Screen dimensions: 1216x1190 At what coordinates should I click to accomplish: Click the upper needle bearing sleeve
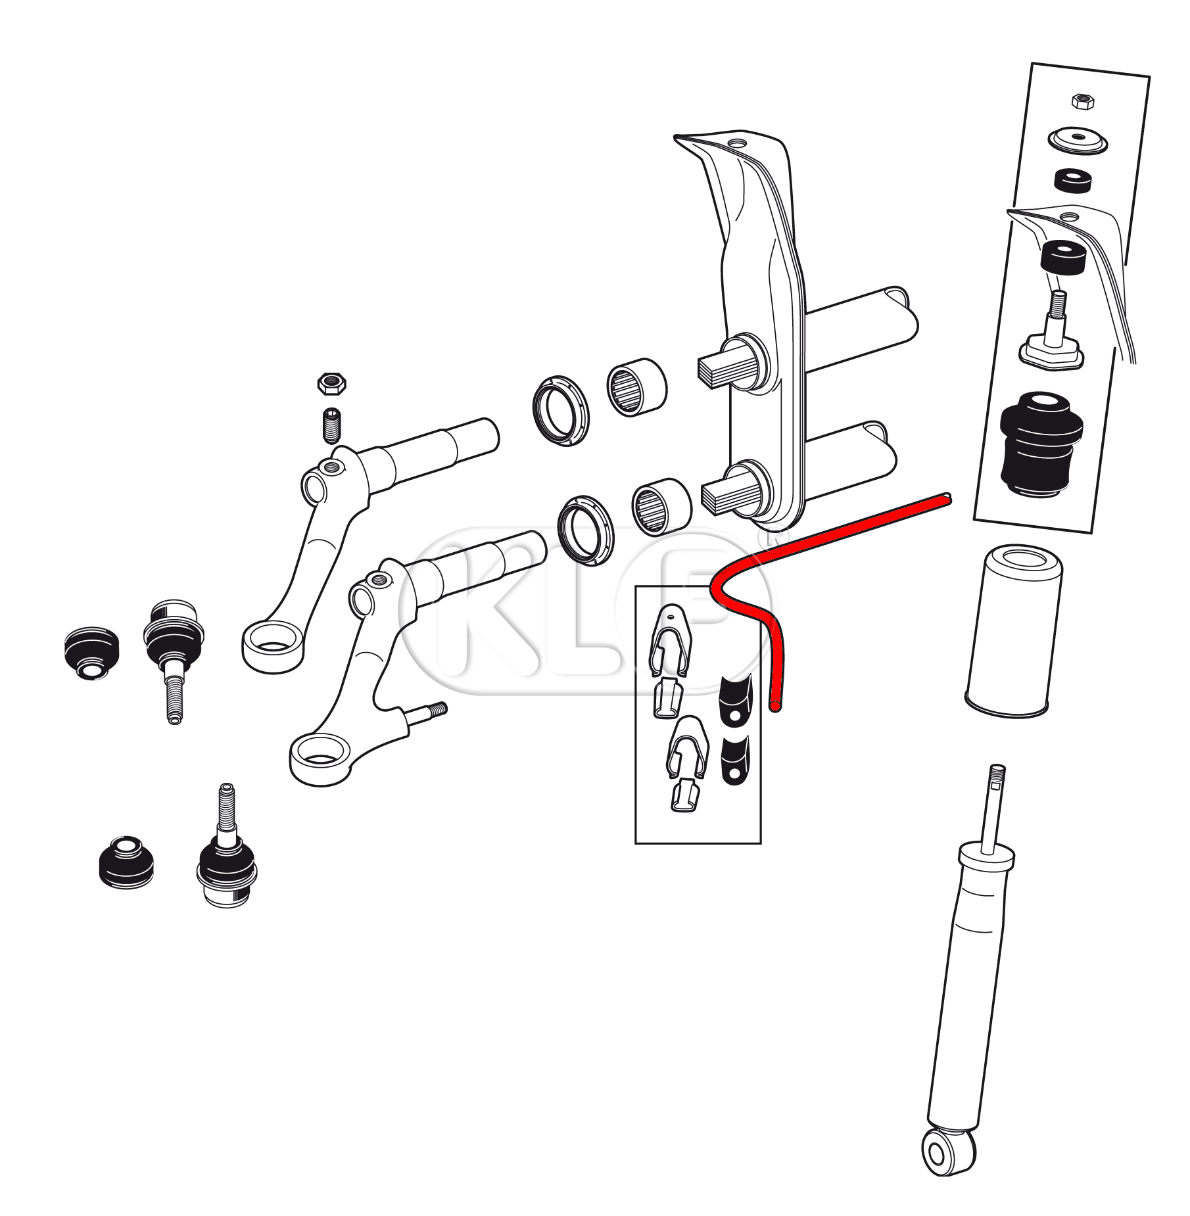(636, 388)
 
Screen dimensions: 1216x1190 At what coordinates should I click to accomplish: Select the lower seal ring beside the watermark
(585, 530)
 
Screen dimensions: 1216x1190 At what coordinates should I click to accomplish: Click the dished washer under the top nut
(1077, 141)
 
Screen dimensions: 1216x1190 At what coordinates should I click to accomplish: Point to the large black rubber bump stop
(1041, 446)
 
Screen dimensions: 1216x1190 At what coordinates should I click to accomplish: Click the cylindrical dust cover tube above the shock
(1012, 631)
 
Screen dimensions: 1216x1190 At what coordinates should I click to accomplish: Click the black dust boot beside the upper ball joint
(92, 653)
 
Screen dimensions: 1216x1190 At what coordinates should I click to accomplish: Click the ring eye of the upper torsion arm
(273, 646)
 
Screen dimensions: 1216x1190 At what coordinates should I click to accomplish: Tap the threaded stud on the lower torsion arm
(431, 713)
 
